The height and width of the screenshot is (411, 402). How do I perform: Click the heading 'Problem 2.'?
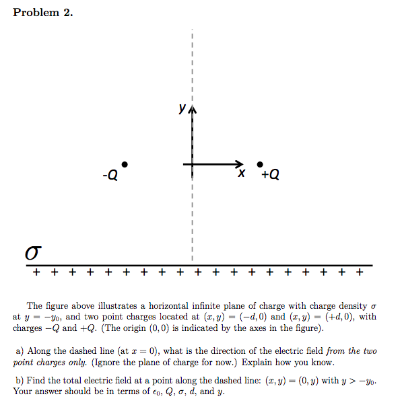(43, 13)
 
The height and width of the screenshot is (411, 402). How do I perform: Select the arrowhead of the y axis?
(192, 110)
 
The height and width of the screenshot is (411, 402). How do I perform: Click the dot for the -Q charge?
(125, 164)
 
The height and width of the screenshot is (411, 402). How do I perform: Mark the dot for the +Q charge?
(261, 164)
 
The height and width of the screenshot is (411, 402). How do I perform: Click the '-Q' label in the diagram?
(110, 176)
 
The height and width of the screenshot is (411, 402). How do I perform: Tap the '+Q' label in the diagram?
(270, 175)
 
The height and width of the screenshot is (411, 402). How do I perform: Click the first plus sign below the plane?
(36, 273)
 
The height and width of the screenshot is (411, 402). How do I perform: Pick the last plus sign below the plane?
(360, 273)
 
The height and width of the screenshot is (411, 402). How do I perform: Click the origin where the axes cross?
(192, 164)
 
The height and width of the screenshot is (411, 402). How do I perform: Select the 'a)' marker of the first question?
(20, 351)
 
